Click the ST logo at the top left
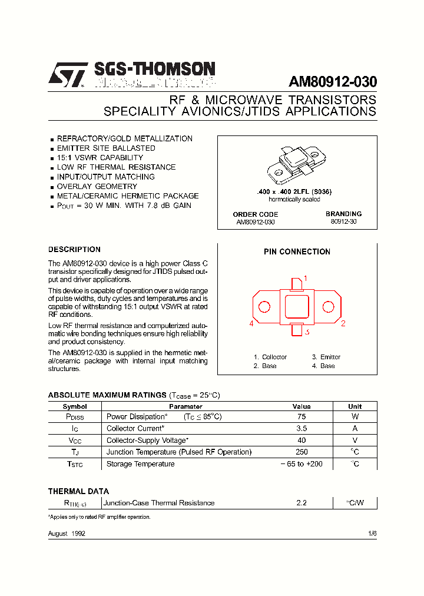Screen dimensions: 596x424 tap(68, 75)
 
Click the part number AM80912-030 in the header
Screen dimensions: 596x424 tap(333, 82)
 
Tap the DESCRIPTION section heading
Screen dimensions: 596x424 tap(74, 250)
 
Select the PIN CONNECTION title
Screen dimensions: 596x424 tap(297, 251)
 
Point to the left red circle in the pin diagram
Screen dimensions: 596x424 tap(264, 307)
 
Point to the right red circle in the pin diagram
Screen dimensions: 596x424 tap(329, 307)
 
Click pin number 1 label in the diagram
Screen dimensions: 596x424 tap(306, 279)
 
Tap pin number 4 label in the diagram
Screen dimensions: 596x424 tap(251, 324)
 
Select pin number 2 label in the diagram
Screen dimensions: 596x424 tap(343, 324)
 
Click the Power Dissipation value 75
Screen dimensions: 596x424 tap(302, 417)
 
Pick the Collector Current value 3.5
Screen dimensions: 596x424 tap(302, 429)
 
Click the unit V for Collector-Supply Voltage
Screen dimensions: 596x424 tap(355, 441)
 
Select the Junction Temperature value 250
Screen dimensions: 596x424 tap(302, 452)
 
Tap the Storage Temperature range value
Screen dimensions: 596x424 tap(302, 464)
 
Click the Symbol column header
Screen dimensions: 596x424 tap(75, 406)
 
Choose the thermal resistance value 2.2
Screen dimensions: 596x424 tap(302, 503)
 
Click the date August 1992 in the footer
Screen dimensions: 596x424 tap(67, 533)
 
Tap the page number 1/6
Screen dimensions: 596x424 tap(372, 533)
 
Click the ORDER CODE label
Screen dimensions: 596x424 tap(255, 214)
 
